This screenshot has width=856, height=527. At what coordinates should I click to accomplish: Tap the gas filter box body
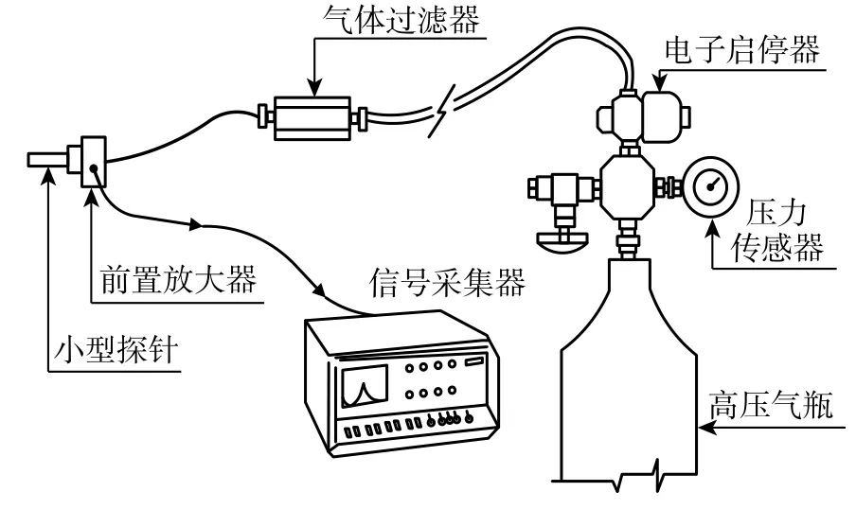[x=312, y=117]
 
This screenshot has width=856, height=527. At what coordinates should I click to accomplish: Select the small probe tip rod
[x=47, y=158]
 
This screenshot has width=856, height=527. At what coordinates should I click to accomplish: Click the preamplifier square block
[x=94, y=162]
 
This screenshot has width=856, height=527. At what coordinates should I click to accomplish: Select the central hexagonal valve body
[x=625, y=185]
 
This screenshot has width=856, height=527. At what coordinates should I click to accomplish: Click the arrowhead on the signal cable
[x=198, y=226]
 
